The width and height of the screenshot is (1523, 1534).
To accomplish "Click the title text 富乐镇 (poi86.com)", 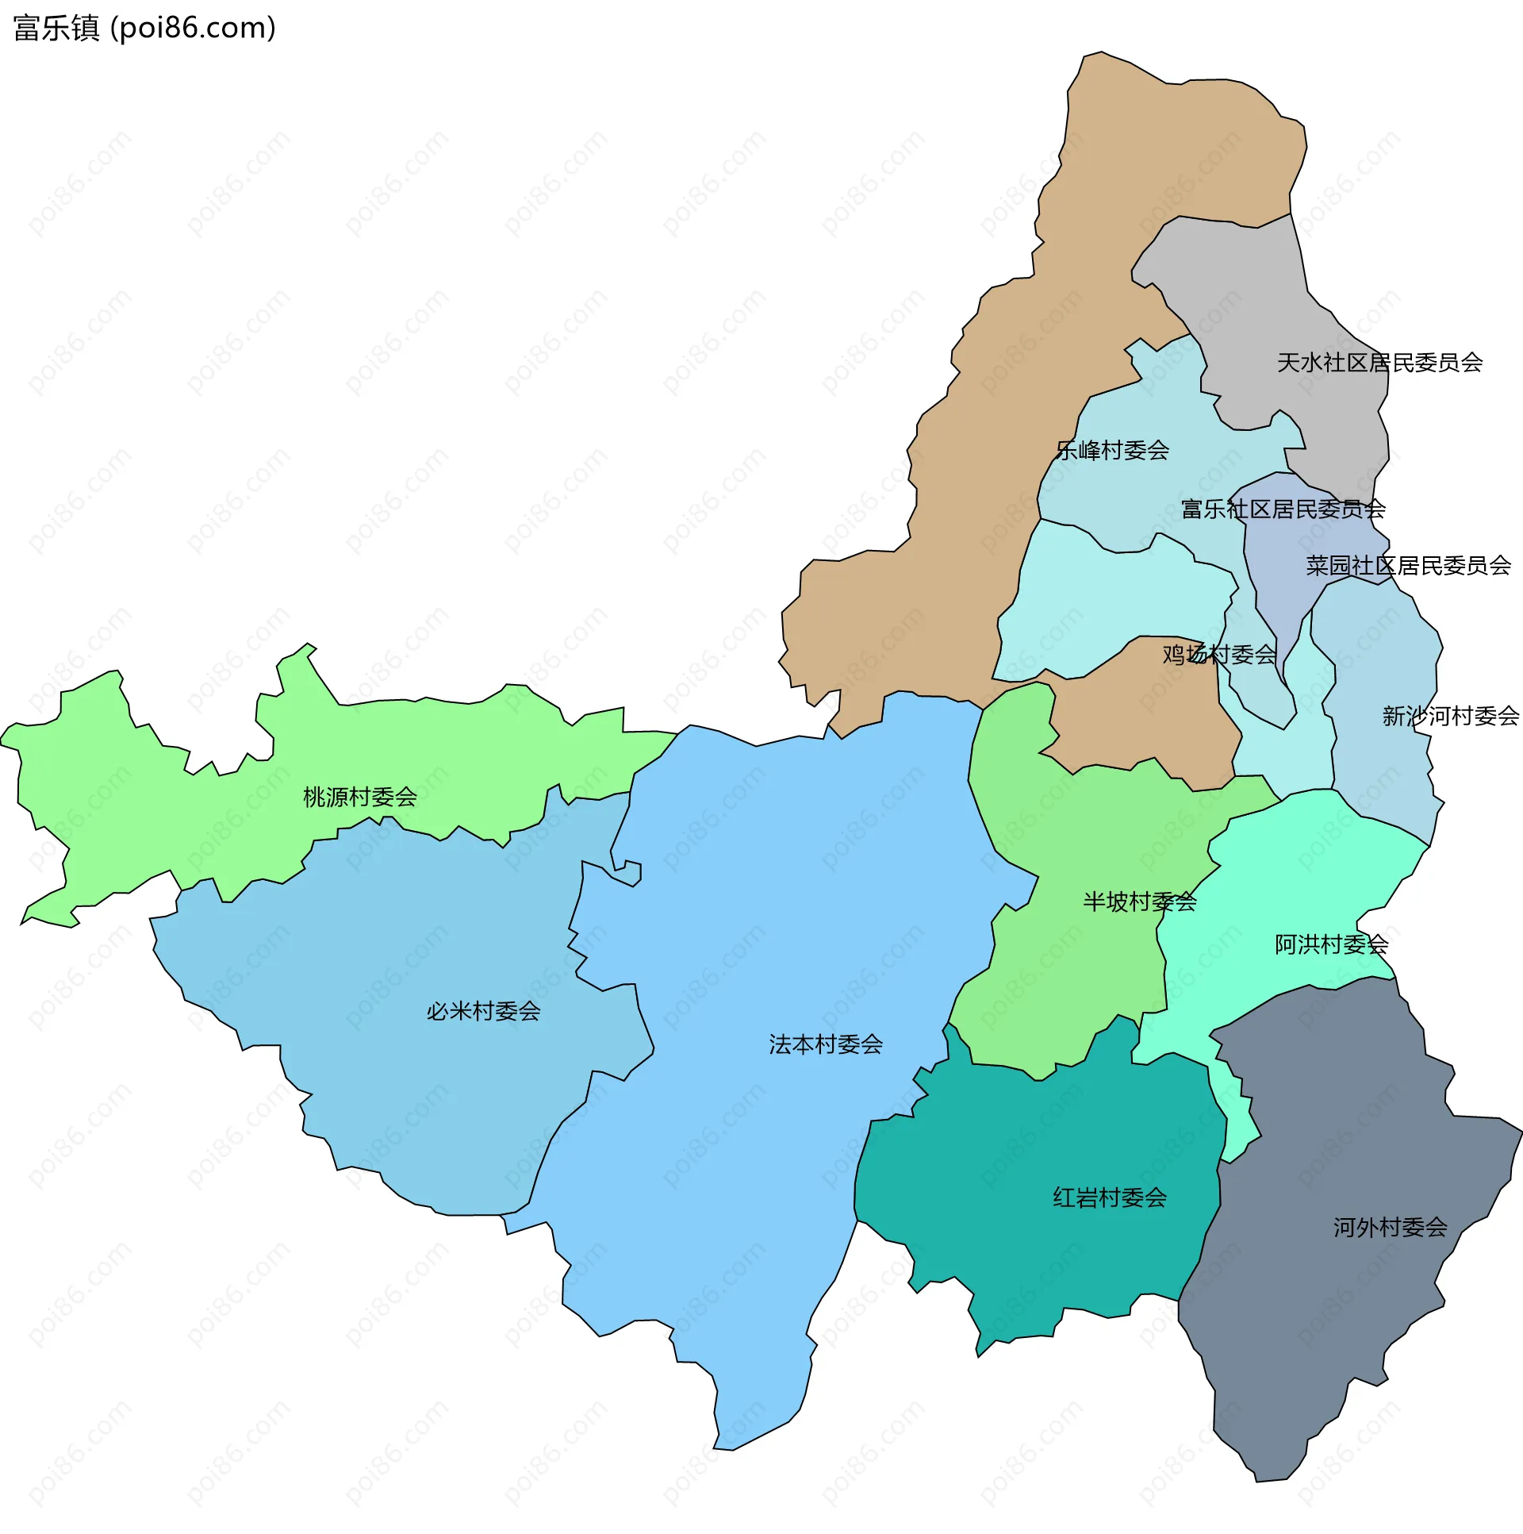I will pyautogui.click(x=144, y=28).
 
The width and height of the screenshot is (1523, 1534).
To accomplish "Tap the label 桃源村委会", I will pyautogui.click(x=359, y=798).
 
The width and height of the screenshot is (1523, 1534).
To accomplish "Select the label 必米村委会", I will pyautogui.click(x=483, y=1012).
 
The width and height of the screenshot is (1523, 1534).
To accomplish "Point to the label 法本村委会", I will pyautogui.click(x=826, y=1045).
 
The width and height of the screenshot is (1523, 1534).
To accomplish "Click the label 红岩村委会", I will pyautogui.click(x=1110, y=1198).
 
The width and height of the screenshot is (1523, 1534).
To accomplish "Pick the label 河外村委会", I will pyautogui.click(x=1390, y=1228).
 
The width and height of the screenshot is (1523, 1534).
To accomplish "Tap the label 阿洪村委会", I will pyautogui.click(x=1331, y=945).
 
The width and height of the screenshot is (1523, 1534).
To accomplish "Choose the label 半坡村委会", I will pyautogui.click(x=1140, y=902).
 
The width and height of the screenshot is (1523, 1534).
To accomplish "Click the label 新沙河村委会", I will pyautogui.click(x=1450, y=716).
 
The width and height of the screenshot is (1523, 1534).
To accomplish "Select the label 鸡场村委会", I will pyautogui.click(x=1219, y=655).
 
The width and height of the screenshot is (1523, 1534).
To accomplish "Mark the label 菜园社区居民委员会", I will pyautogui.click(x=1408, y=566).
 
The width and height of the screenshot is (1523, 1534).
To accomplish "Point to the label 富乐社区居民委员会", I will pyautogui.click(x=1283, y=509).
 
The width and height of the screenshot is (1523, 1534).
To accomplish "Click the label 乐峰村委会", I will pyautogui.click(x=1112, y=451).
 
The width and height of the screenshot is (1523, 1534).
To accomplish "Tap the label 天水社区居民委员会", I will pyautogui.click(x=1379, y=363).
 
